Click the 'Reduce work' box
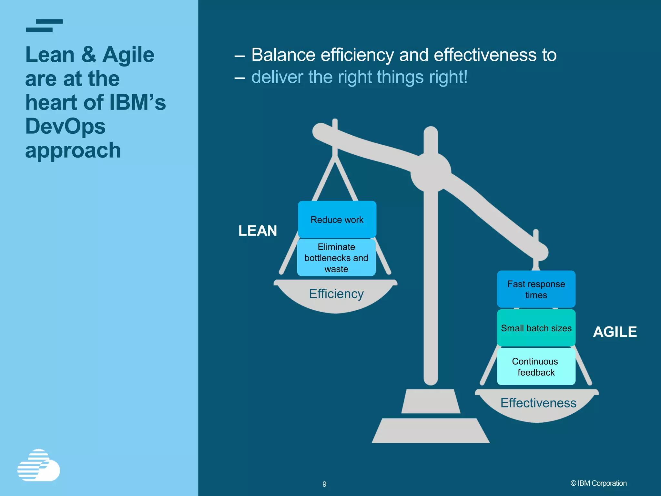click(x=337, y=220)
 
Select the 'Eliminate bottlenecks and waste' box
click(x=336, y=258)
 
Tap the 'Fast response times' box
click(x=536, y=289)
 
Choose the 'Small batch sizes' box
click(x=536, y=328)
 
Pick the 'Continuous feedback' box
click(x=536, y=367)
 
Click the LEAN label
click(x=258, y=231)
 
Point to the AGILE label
click(x=615, y=332)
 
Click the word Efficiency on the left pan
click(x=336, y=294)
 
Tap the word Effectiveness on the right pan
click(x=538, y=403)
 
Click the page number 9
click(x=324, y=484)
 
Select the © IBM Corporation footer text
click(x=598, y=483)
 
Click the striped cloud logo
click(x=39, y=465)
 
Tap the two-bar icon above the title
click(x=44, y=26)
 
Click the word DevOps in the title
click(x=66, y=126)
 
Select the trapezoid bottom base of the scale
click(x=431, y=431)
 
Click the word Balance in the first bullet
click(x=283, y=55)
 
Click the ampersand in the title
click(x=88, y=55)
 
